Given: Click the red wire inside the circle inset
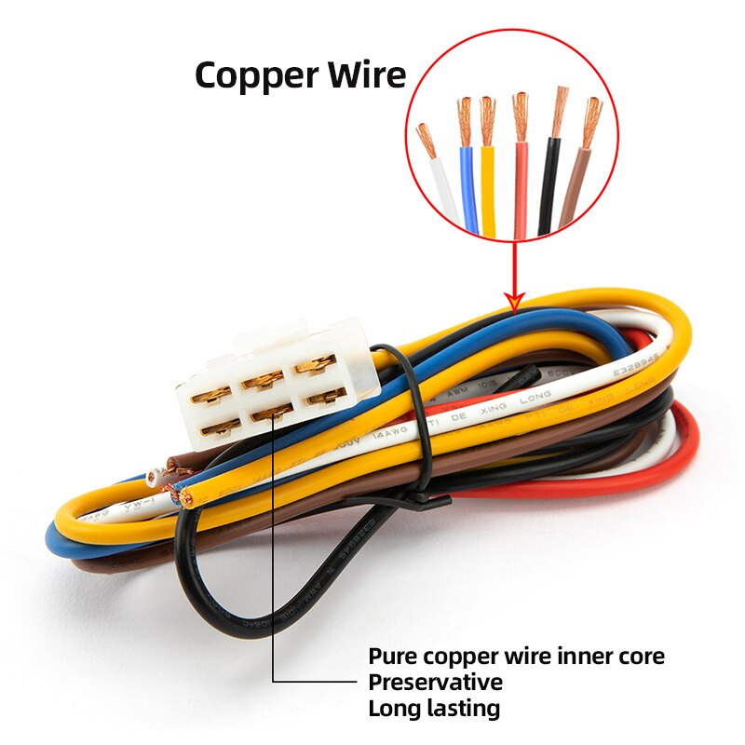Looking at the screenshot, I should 521,191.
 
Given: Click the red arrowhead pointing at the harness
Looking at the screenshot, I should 515,299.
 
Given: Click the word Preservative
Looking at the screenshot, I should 436,683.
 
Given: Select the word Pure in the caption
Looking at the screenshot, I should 392,657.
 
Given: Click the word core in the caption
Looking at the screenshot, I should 642,657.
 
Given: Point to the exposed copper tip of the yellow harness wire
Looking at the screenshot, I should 186,500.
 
